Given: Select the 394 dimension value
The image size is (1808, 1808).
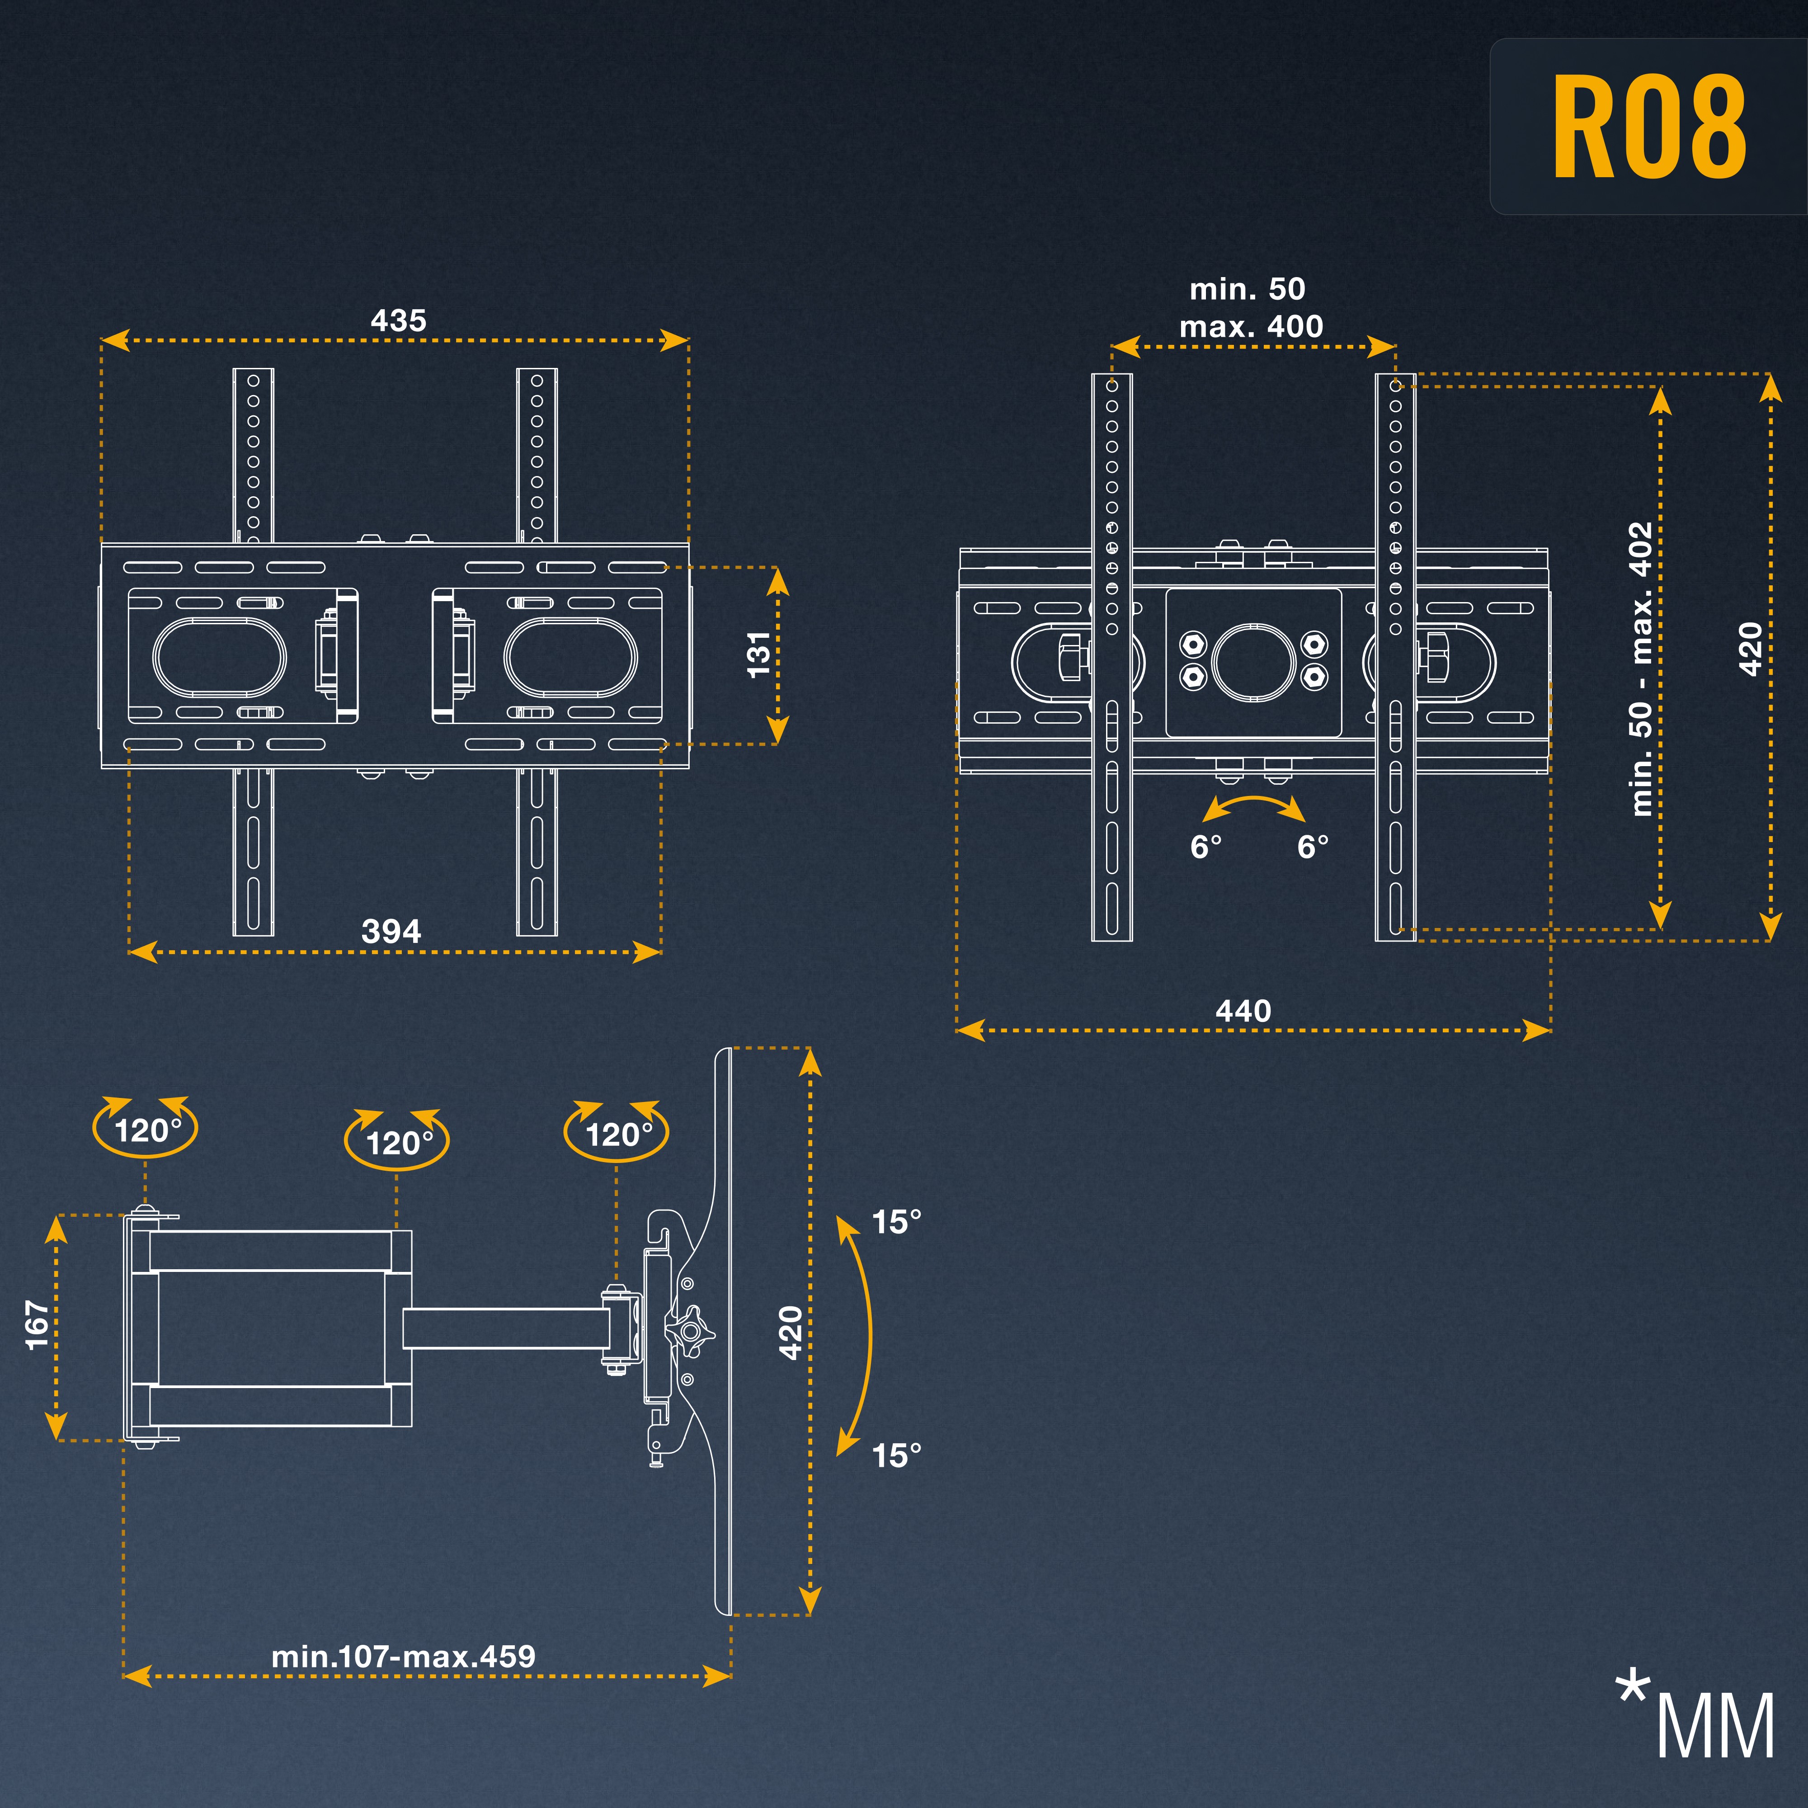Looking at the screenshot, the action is (x=391, y=931).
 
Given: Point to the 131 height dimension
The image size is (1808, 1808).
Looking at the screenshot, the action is (x=758, y=654).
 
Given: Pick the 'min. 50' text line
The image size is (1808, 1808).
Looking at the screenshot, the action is (x=1248, y=289).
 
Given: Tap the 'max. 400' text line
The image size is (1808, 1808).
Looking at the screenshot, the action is (x=1251, y=327).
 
